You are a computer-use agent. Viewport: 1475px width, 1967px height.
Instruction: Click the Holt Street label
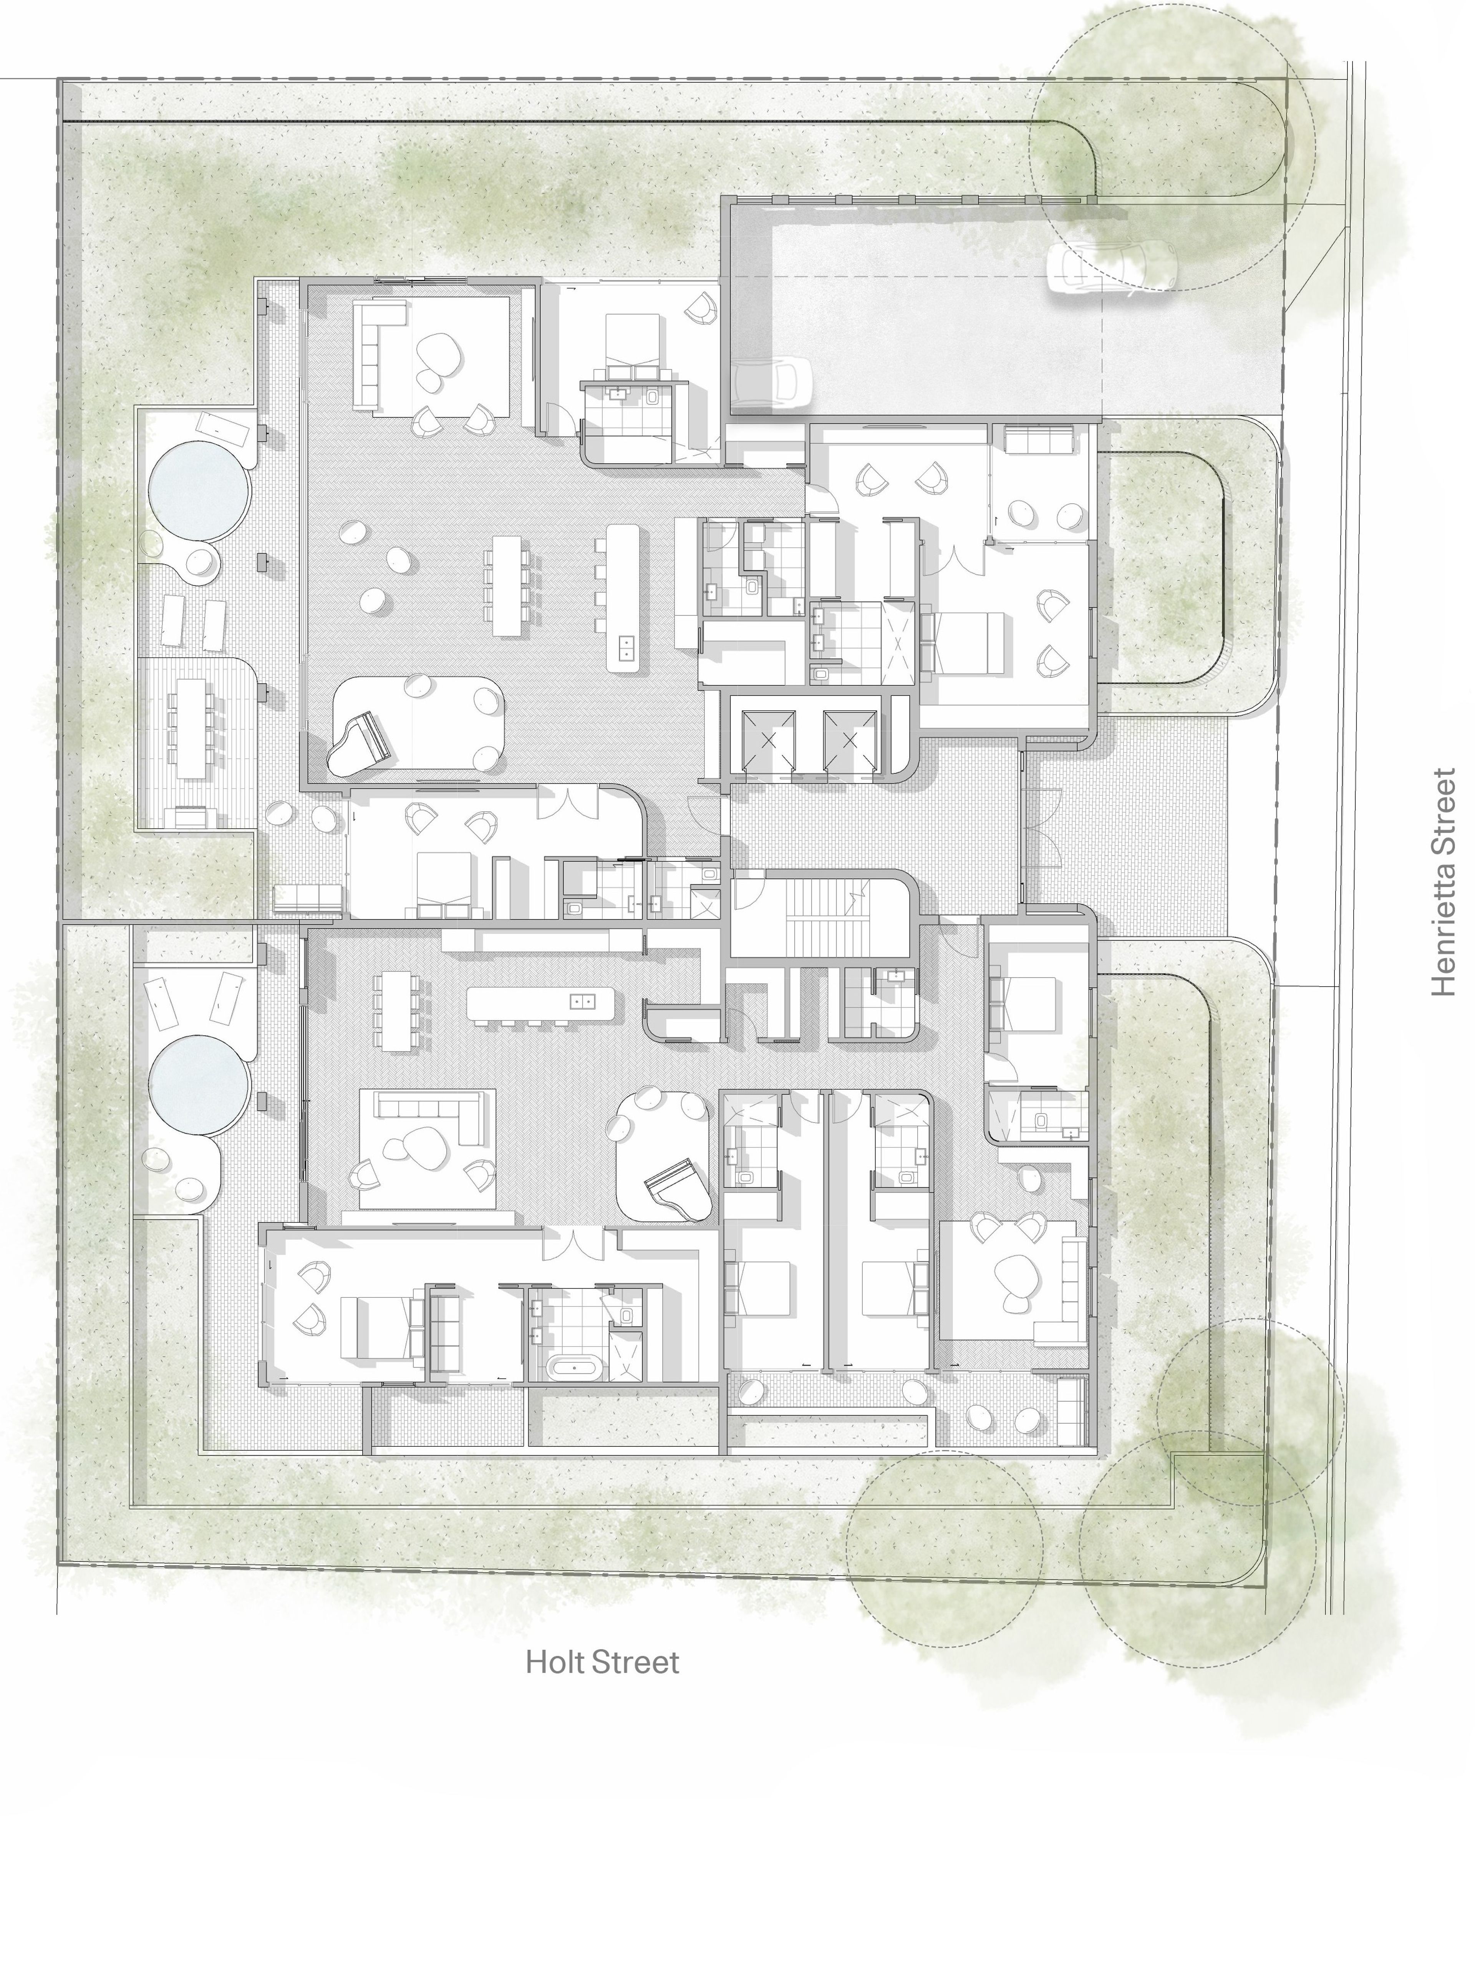[602, 1662]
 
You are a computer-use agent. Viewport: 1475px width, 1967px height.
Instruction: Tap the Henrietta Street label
[1444, 883]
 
